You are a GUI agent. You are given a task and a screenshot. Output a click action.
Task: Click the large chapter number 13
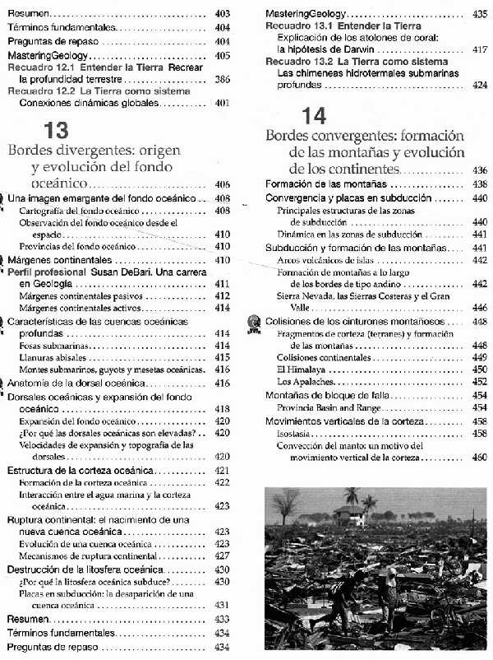(x=56, y=130)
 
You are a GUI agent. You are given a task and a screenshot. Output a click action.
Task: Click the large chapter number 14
(x=315, y=115)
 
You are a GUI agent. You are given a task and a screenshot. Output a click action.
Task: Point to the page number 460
(x=480, y=457)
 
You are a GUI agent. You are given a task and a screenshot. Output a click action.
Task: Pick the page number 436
(x=480, y=170)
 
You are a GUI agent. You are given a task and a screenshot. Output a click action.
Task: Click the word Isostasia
(x=295, y=433)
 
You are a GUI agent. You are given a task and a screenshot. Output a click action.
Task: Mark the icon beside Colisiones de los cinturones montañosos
(x=255, y=322)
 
